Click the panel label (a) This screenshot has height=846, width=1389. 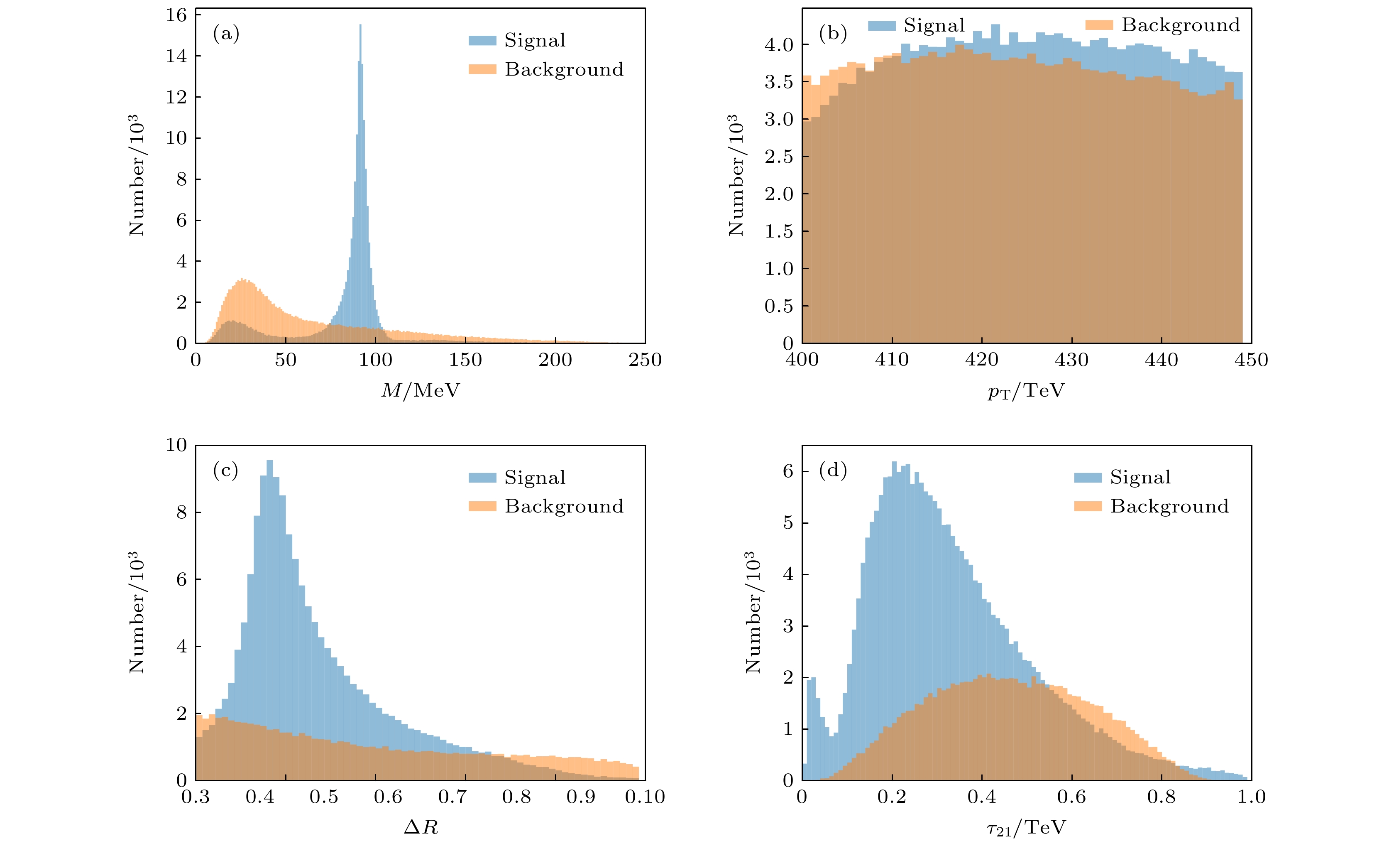pos(226,34)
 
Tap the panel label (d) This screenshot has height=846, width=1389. pos(833,470)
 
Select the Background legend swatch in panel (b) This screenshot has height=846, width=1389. pos(1099,25)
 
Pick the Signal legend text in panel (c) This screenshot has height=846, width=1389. pos(534,478)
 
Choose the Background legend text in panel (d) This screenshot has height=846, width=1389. pos(1169,506)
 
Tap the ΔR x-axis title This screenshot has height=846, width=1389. pos(421,827)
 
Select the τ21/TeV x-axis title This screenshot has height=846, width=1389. pos(1026,827)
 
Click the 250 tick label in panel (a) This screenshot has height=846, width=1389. pos(645,360)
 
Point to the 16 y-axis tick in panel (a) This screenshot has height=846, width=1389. pos(176,15)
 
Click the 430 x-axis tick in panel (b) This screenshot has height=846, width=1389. pos(1071,360)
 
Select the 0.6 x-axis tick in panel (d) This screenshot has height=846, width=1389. pos(1071,797)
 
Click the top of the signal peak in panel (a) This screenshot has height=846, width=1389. pos(360,26)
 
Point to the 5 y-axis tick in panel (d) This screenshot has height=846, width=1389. pos(788,523)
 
